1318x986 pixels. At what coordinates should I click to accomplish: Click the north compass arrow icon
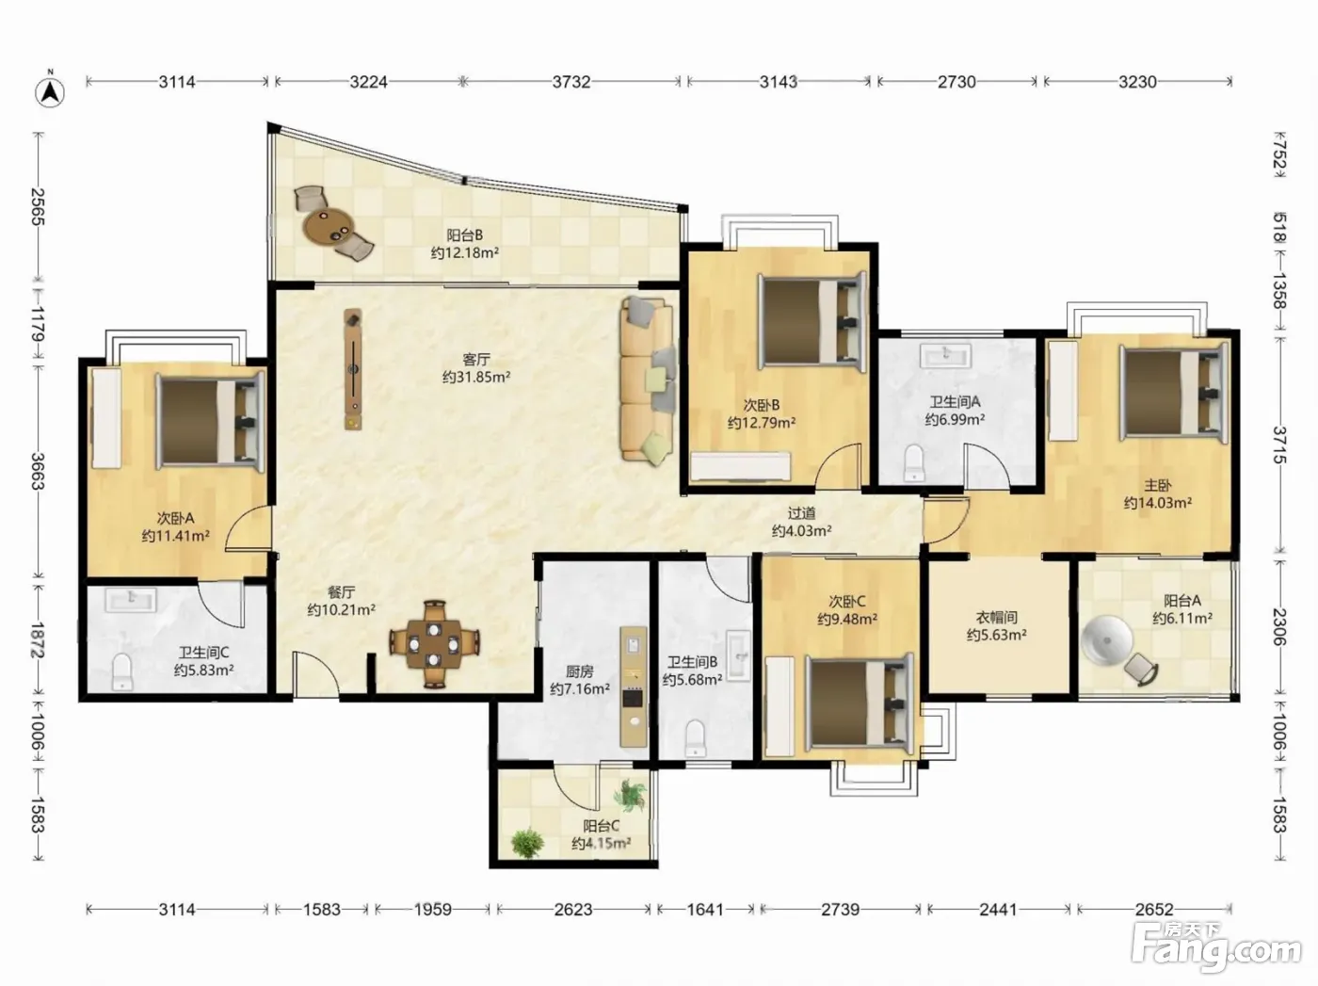coord(50,91)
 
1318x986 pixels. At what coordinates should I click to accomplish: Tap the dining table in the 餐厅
coord(434,644)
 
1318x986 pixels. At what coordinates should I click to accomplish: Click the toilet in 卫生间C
coord(121,671)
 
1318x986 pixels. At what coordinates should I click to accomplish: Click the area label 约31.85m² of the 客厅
coord(476,377)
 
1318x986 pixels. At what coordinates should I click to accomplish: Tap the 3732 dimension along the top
coord(571,82)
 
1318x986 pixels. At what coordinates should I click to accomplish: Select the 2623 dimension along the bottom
coord(572,910)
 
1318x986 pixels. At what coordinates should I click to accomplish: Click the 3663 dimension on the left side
coord(38,472)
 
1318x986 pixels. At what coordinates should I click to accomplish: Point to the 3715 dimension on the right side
coord(1279,445)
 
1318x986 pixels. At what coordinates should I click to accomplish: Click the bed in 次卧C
coord(858,703)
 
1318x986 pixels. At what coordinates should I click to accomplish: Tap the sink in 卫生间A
coord(945,355)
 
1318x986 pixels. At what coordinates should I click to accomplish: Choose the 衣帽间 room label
coord(996,617)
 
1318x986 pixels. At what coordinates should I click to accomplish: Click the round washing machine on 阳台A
coord(1106,640)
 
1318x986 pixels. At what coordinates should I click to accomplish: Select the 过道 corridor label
coord(801,513)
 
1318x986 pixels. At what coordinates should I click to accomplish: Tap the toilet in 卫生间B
coord(695,738)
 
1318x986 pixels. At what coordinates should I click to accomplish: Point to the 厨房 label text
coord(579,671)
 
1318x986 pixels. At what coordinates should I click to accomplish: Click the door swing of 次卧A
coord(249,528)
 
